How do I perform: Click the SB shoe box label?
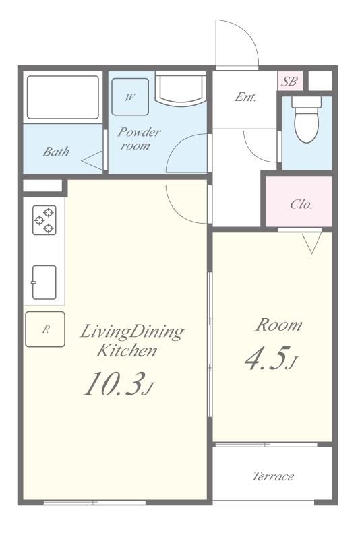pyautogui.click(x=289, y=81)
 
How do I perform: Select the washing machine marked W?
pyautogui.click(x=130, y=97)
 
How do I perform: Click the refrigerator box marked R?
pyautogui.click(x=45, y=329)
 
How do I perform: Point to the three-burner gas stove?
pyautogui.click(x=44, y=220)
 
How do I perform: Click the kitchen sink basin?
pyautogui.click(x=44, y=282)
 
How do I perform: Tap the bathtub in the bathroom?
pyautogui.click(x=63, y=98)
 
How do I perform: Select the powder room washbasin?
pyautogui.click(x=181, y=89)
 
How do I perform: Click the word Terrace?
pyautogui.click(x=273, y=476)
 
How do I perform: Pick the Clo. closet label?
pyautogui.click(x=301, y=204)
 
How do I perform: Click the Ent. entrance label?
pyautogui.click(x=245, y=97)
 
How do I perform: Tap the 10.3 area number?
pyautogui.click(x=113, y=383)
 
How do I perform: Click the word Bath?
pyautogui.click(x=56, y=151)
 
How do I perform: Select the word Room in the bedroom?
pyautogui.click(x=278, y=325)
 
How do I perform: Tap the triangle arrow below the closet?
pyautogui.click(x=312, y=243)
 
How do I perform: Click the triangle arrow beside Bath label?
pyautogui.click(x=92, y=160)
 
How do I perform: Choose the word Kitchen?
pyautogui.click(x=127, y=350)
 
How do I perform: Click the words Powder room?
pyautogui.click(x=139, y=139)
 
